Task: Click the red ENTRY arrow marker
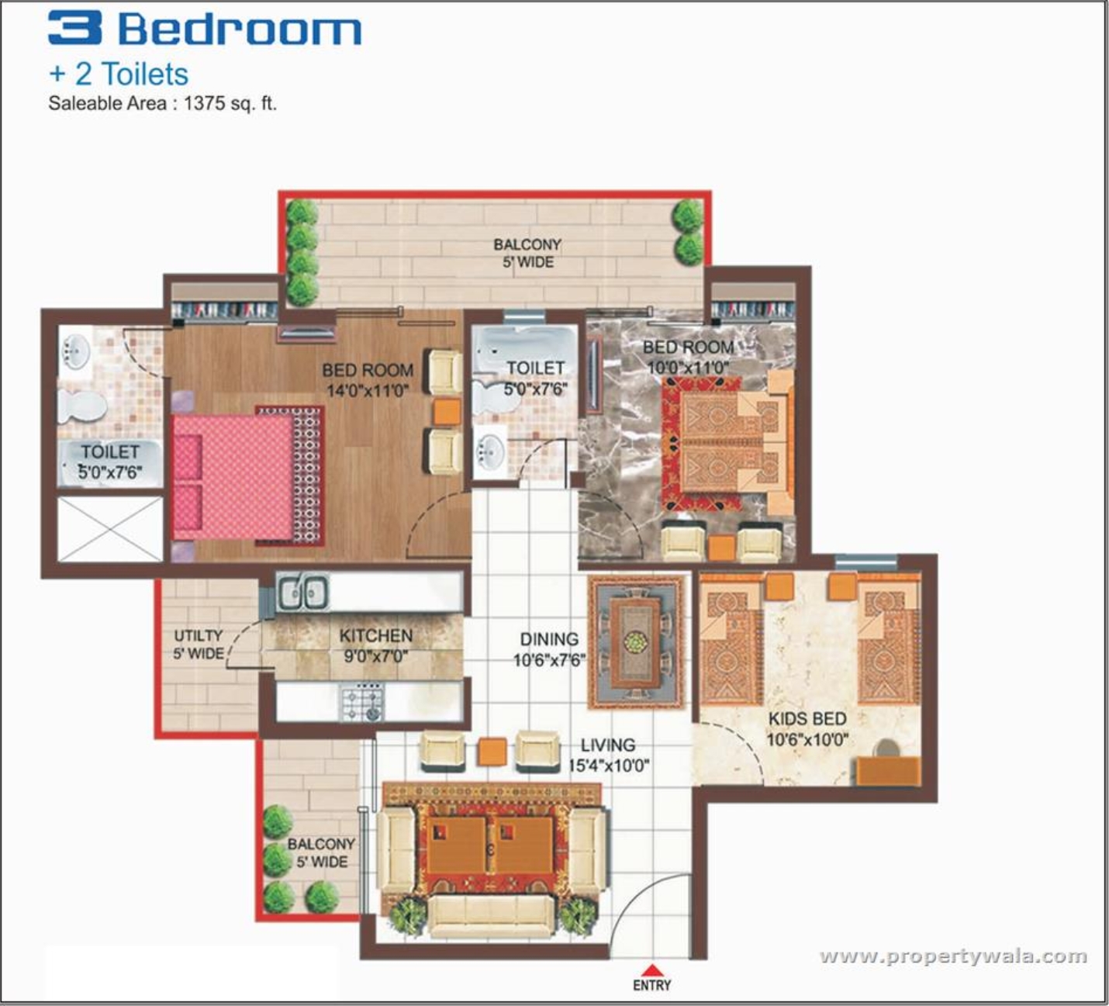[651, 970]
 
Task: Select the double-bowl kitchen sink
[303, 593]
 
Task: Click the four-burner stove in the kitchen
[362, 702]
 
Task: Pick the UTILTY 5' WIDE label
[199, 645]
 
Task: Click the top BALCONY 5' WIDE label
[527, 253]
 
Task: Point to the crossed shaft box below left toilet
[110, 528]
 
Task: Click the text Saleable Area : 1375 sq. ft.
[162, 103]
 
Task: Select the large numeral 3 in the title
[74, 28]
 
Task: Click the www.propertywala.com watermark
[953, 956]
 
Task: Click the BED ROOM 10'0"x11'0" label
[688, 357]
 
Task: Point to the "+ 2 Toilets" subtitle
[119, 74]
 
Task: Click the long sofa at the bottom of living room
[491, 917]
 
